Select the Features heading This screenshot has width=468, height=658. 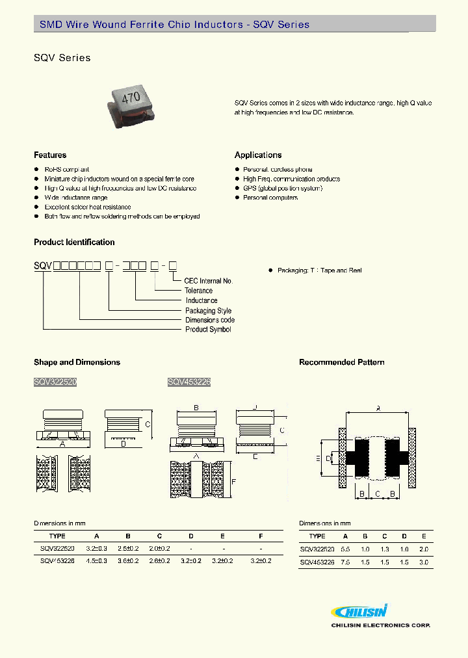[50, 155]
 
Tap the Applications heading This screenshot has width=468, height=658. [258, 155]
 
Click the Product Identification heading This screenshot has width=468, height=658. [74, 243]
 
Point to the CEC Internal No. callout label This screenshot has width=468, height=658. [208, 281]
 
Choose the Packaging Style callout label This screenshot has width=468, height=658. [209, 311]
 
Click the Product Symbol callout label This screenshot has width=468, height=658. [208, 330]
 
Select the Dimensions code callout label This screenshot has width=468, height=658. [210, 320]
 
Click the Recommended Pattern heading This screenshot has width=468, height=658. [341, 362]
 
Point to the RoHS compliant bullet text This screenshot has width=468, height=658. [66, 169]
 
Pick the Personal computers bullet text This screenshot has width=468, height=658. [270, 198]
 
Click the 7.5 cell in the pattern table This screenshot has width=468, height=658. [346, 562]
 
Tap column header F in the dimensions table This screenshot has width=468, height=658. [261, 536]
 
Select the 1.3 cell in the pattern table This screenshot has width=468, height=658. [385, 549]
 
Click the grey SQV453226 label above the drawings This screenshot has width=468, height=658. [188, 383]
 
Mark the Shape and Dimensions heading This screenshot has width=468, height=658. [77, 362]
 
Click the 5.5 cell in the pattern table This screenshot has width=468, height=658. [346, 549]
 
